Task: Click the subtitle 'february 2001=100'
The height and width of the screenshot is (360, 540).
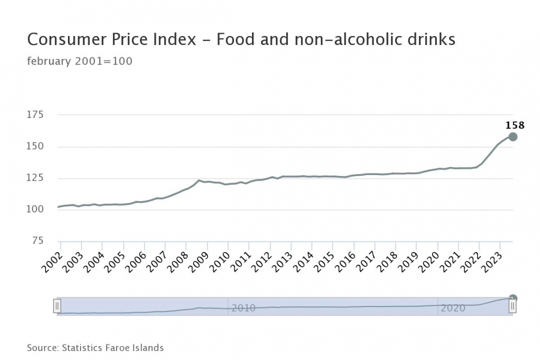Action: tap(79, 61)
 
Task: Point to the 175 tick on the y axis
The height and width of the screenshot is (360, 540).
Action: tap(35, 115)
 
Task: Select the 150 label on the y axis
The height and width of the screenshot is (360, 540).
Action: tap(35, 146)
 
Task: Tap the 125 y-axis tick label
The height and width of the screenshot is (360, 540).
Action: tap(35, 178)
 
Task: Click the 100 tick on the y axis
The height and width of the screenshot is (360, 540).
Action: tap(35, 209)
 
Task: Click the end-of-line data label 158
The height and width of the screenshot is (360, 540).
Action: tap(515, 125)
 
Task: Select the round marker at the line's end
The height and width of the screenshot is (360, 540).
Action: tap(513, 137)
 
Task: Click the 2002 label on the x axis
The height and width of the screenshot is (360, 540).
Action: tap(52, 261)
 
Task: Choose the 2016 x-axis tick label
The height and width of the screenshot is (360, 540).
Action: tap(345, 261)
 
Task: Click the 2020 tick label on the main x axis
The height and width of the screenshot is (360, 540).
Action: tap(429, 261)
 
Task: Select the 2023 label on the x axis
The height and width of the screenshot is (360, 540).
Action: tap(492, 261)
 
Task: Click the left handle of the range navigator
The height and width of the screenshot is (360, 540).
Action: tap(57, 306)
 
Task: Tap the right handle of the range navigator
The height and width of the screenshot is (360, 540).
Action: tap(512, 306)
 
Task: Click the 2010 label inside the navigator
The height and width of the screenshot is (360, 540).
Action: tap(243, 308)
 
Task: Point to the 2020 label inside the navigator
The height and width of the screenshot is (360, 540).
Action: tap(453, 308)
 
